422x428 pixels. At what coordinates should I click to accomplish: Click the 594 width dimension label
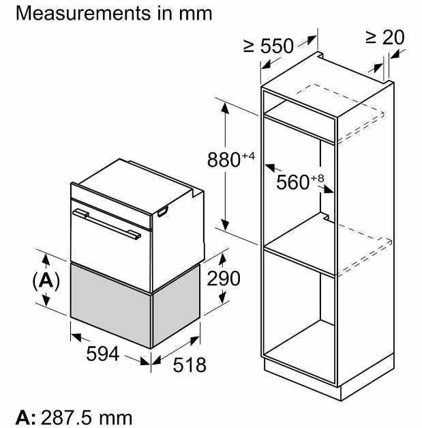[102, 354]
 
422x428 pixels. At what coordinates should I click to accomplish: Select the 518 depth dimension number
[190, 365]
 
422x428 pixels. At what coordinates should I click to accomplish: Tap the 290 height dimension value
[224, 279]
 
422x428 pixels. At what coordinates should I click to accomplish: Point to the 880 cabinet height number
[224, 160]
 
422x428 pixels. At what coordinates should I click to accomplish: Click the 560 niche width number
[292, 182]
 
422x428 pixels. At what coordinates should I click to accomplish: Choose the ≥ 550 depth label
[269, 46]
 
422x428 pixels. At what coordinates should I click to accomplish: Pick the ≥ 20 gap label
[385, 38]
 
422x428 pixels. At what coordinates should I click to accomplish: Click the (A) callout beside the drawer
[46, 281]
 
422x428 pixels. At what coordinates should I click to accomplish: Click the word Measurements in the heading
[83, 13]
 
